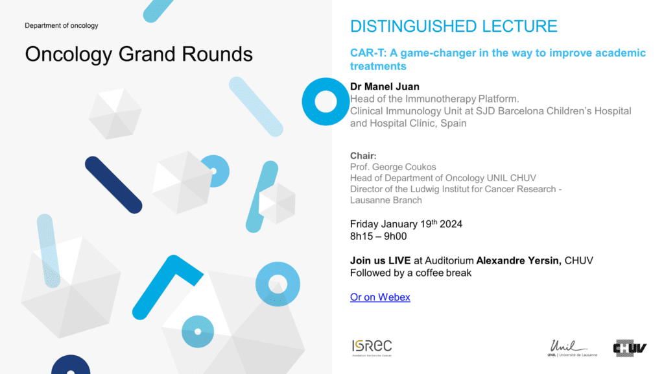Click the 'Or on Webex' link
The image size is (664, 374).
380,297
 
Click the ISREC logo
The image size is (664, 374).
372,348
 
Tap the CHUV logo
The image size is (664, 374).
630,348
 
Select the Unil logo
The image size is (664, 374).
572,348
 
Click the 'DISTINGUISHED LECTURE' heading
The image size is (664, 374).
453,26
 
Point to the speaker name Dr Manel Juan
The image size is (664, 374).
385,86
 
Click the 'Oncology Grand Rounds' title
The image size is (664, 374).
139,55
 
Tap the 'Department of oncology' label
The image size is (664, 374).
62,25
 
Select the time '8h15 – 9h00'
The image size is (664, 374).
378,236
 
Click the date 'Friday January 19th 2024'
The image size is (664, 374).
406,224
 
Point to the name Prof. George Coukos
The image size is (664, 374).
393,167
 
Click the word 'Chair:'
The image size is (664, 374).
363,156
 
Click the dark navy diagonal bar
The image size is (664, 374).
113,185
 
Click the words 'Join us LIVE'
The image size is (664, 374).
380,261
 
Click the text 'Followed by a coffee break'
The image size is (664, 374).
410,273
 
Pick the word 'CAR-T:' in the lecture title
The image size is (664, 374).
368,53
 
